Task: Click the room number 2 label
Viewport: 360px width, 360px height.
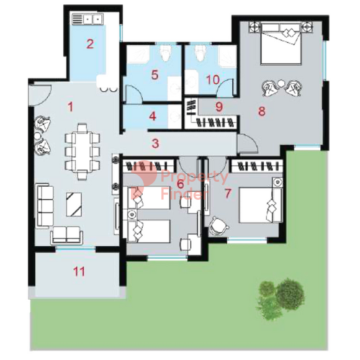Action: pyautogui.click(x=90, y=44)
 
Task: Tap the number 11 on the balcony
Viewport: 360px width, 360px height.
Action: pyautogui.click(x=79, y=271)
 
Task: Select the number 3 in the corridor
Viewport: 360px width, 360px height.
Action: pyautogui.click(x=155, y=144)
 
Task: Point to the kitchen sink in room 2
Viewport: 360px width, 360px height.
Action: pyautogui.click(x=88, y=19)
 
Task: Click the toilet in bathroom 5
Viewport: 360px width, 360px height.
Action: pyautogui.click(x=166, y=53)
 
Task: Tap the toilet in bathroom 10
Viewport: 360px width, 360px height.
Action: pyautogui.click(x=200, y=53)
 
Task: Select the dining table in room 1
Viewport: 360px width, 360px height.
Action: pyautogui.click(x=83, y=151)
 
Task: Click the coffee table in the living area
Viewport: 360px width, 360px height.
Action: pyautogui.click(x=74, y=204)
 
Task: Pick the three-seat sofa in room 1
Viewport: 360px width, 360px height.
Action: pyautogui.click(x=45, y=205)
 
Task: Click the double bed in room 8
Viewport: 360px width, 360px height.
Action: pyautogui.click(x=281, y=43)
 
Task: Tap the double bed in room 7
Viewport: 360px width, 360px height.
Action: pyautogui.click(x=261, y=205)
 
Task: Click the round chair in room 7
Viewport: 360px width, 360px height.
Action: pyautogui.click(x=218, y=226)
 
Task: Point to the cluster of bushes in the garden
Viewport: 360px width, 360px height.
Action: pyautogui.click(x=282, y=299)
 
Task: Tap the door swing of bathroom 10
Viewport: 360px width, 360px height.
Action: pyautogui.click(x=225, y=88)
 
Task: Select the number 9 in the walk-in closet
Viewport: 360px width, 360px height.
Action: pyautogui.click(x=219, y=107)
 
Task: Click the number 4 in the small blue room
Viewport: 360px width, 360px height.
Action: pyautogui.click(x=153, y=116)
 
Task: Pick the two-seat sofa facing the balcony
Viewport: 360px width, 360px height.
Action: pyautogui.click(x=66, y=235)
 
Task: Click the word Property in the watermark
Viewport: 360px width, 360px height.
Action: pyautogui.click(x=195, y=177)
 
